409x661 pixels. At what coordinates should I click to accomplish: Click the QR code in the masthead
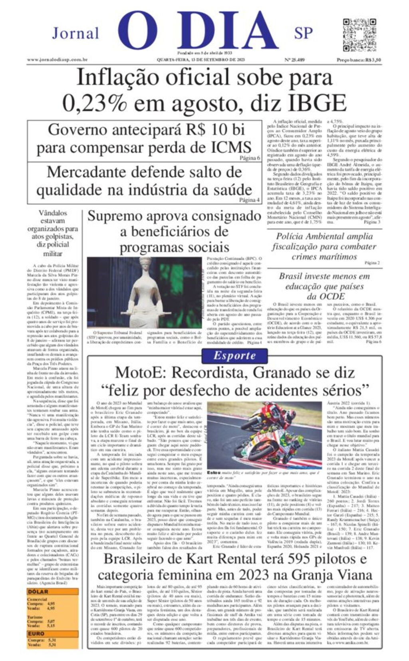point(360,34)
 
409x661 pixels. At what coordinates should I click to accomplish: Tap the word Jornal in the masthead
point(75,33)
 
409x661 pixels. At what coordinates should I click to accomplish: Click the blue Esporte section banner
point(234,355)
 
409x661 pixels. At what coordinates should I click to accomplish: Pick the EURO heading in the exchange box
point(36,633)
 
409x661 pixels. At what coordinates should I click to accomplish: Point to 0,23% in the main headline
point(94,103)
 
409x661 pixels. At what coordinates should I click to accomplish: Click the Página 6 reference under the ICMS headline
point(250,158)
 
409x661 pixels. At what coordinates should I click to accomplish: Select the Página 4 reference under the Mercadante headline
point(250,200)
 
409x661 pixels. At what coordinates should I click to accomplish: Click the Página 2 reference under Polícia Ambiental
point(372,263)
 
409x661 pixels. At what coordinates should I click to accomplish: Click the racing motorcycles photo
point(264,435)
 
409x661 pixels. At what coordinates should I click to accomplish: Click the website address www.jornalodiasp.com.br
point(58,60)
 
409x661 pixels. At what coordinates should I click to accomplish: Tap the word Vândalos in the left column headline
point(53,213)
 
